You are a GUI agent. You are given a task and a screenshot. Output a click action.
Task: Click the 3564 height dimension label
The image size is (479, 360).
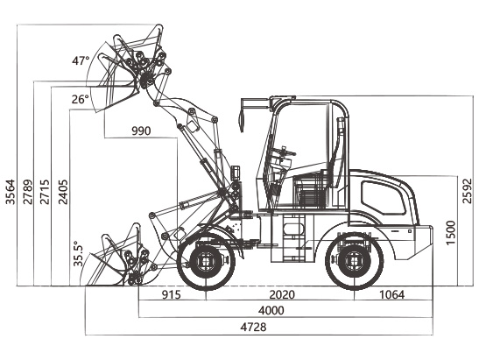pos(11,192)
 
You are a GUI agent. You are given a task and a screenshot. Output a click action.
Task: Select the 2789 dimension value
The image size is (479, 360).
pos(28,192)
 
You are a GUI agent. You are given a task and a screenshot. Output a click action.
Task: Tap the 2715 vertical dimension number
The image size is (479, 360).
pos(45,192)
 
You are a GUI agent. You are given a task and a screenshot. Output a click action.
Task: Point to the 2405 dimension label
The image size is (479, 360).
pos(64,192)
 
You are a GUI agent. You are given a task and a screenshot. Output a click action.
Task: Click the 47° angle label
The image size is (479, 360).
pos(81,60)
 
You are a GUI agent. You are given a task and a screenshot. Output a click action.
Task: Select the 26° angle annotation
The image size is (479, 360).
pos(81,99)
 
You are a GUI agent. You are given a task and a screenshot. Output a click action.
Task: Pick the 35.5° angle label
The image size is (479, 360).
pos(78,253)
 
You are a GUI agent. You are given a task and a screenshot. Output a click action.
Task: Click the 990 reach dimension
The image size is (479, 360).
pos(141,131)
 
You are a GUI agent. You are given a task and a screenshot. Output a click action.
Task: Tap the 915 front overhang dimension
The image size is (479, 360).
pos(172,294)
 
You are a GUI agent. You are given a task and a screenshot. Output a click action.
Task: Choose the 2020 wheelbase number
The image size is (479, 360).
pos(282,294)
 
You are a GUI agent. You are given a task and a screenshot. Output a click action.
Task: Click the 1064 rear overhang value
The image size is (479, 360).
pos(392,294)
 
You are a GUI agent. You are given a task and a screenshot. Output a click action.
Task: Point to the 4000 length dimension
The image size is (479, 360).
pos(271,310)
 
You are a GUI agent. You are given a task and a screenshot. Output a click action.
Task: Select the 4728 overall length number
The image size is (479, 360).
pos(253,327)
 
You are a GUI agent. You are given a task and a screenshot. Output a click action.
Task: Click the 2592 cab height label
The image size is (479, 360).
pos(467,191)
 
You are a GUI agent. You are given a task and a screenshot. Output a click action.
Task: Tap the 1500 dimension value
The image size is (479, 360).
pos(451,232)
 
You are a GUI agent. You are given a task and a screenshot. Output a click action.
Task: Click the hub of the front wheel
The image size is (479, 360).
pos(206,262)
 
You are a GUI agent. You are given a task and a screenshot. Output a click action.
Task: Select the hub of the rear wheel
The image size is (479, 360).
pos(355,261)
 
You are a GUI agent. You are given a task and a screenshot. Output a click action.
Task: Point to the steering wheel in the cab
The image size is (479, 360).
pos(285,152)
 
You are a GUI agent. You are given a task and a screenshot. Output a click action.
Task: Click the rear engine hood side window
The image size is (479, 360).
pos(383,198)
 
